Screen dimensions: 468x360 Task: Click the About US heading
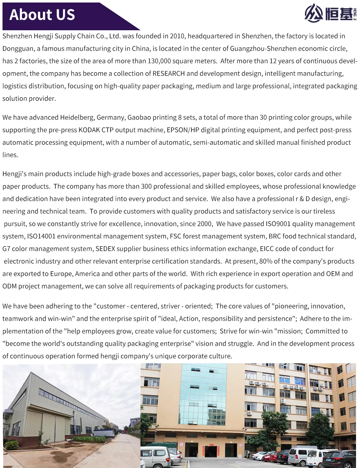tap(42, 15)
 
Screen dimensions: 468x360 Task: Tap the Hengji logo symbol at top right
tap(314, 13)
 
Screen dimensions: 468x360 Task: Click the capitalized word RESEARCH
tap(168, 73)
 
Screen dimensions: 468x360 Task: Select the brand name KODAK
tap(89, 130)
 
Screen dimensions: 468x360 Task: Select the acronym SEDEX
tap(105, 249)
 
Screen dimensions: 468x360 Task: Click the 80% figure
tap(266, 261)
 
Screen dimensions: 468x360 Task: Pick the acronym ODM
tap(9, 286)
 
